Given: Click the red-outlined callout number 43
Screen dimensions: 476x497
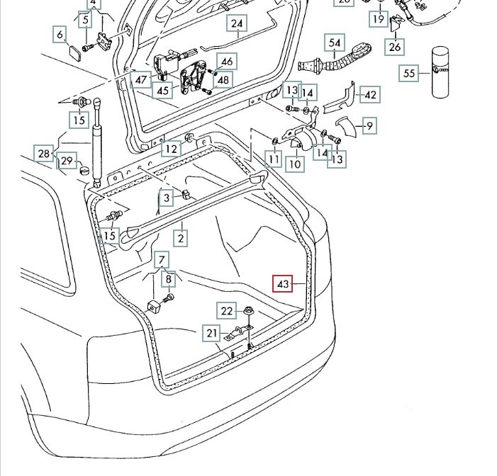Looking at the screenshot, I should click(x=283, y=285).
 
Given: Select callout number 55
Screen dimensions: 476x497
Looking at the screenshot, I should click(x=409, y=72).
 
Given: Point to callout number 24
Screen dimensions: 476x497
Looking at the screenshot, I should click(x=237, y=23).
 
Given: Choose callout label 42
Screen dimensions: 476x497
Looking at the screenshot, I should click(x=370, y=93).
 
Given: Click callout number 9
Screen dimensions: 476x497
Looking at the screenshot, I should click(x=369, y=126).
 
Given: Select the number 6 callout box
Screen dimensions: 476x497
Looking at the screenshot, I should click(x=60, y=34).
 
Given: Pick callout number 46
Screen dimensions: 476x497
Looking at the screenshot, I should click(x=225, y=62).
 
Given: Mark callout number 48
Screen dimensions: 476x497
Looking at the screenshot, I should click(x=223, y=80).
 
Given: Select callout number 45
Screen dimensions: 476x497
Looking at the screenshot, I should click(x=163, y=90).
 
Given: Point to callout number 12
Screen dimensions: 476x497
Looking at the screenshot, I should click(x=170, y=149).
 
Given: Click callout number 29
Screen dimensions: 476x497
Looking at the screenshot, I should click(x=66, y=161).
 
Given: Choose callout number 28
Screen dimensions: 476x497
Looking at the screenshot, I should click(x=44, y=153).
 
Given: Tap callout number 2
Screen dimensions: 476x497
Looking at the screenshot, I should click(x=181, y=238).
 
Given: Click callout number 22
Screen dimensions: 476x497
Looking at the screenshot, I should click(x=226, y=310).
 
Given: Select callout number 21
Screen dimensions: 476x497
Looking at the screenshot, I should click(x=212, y=333).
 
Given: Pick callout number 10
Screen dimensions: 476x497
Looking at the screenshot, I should click(x=295, y=164).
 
